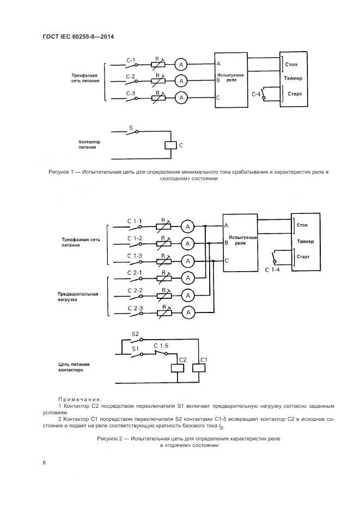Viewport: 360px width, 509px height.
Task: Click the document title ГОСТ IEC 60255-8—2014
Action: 81,37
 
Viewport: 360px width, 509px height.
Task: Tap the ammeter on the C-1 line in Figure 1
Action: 181,64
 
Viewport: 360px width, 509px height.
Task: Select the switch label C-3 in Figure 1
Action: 131,94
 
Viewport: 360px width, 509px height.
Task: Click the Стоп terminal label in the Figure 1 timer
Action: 291,64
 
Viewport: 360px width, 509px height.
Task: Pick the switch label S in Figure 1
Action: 131,128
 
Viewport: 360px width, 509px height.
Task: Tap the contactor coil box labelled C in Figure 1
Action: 170,145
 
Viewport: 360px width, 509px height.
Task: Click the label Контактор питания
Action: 86,144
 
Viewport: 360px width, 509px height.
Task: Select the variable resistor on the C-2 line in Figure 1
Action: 157,81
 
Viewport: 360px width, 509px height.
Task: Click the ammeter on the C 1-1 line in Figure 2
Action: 187,226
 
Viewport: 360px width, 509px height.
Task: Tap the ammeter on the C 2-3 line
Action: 187,312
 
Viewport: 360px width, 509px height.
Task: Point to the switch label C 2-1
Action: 135,272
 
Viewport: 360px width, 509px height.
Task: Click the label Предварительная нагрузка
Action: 78,297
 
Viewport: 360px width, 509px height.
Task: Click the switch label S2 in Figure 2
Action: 136,333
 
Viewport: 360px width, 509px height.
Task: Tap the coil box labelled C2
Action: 179,368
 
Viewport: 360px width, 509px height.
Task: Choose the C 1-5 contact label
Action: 162,346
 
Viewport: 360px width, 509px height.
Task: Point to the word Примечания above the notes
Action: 80,399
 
